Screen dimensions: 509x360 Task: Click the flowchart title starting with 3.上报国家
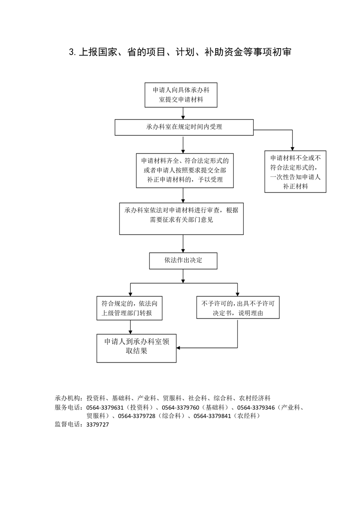[x=180, y=52]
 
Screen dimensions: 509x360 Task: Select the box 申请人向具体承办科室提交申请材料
[x=181, y=95]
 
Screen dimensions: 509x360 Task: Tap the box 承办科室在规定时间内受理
[x=184, y=127]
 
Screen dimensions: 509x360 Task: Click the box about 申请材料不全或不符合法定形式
[x=296, y=172]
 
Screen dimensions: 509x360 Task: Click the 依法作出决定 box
[x=183, y=261]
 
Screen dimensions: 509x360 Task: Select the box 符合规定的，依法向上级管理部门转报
[x=130, y=308]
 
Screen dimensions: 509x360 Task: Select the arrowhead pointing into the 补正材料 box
[x=292, y=147]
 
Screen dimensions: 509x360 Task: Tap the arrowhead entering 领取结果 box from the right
[x=179, y=348]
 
